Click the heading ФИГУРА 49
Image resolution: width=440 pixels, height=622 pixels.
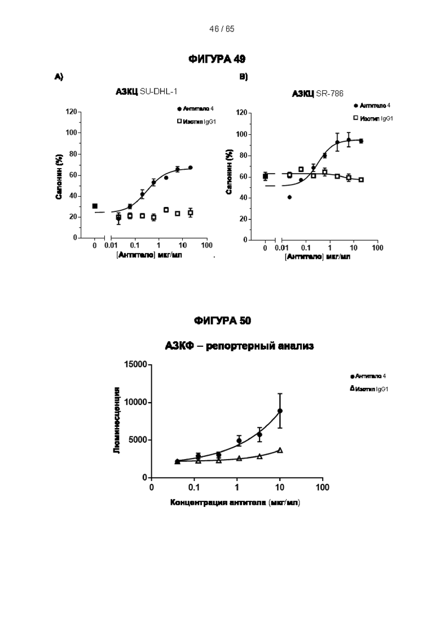coord(220,59)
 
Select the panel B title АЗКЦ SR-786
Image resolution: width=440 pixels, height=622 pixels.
coord(318,94)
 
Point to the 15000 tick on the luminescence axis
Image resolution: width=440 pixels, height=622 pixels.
coord(135,365)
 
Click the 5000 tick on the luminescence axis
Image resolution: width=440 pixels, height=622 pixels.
coord(138,440)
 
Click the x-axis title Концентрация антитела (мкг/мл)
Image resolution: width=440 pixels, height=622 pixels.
coord(235,502)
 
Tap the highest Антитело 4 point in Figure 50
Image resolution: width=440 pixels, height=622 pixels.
coord(280,411)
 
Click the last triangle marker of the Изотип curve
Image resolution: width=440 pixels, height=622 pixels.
coord(280,450)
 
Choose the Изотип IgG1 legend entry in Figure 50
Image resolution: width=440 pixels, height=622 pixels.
coord(369,389)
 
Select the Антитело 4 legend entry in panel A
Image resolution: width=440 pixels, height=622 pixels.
coord(195,108)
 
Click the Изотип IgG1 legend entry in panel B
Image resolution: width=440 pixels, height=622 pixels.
coord(373,118)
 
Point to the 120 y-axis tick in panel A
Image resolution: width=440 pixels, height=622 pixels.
coord(71,112)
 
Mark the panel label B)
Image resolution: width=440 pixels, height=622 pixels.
coord(243,77)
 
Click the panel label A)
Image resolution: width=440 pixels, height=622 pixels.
coord(59,77)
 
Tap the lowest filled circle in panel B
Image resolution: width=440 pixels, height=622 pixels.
coord(289,197)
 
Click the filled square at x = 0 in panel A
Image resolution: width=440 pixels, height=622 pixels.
coord(95,206)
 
